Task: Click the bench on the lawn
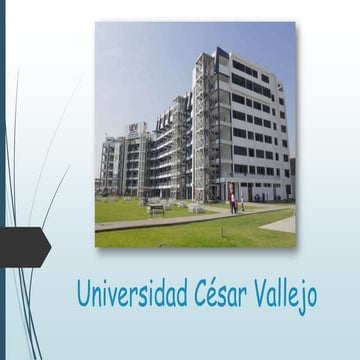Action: pos(156,209)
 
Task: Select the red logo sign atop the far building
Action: pos(134,127)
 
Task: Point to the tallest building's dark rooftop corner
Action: pos(222,52)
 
